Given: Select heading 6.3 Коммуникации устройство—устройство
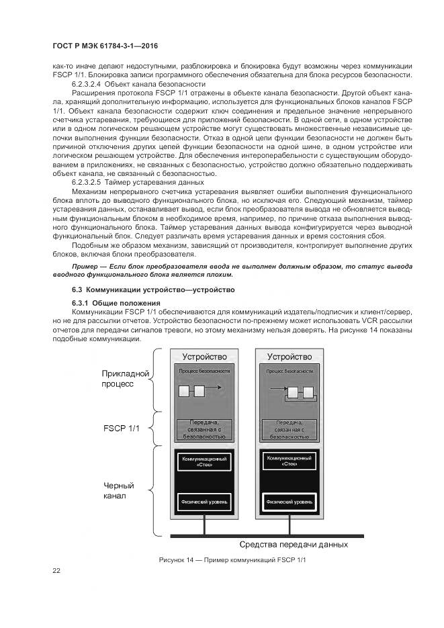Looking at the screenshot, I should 153,289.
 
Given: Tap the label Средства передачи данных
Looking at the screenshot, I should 294,545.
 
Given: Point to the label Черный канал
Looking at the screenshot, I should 119,491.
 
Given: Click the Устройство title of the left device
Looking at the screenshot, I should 205,356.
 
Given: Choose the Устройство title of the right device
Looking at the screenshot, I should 290,356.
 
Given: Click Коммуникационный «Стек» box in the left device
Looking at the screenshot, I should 205,461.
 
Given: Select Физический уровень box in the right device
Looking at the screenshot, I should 290,501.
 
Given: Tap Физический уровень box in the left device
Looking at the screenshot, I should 205,501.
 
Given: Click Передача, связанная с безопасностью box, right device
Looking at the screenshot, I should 290,429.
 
